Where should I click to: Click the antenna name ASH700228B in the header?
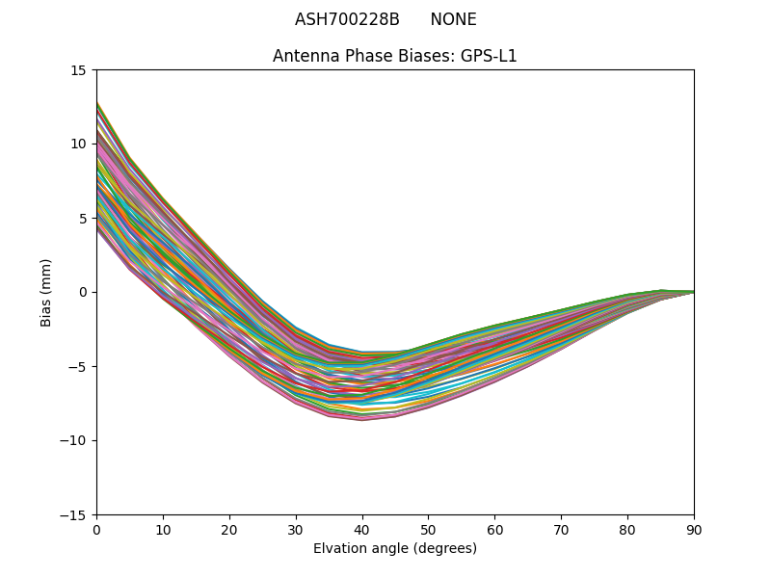tap(347, 19)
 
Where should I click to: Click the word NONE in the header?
tap(453, 19)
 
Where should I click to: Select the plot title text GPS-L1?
tap(486, 56)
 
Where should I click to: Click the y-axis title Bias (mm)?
tap(46, 292)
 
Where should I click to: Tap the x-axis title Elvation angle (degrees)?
tap(395, 548)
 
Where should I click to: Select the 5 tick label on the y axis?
tap(83, 218)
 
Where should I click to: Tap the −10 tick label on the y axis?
tap(75, 440)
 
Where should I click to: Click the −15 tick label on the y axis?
tap(75, 514)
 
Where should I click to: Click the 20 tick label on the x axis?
tap(229, 529)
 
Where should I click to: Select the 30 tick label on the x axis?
tap(296, 529)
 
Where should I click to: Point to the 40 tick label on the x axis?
tap(362, 529)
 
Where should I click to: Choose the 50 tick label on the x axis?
tap(428, 529)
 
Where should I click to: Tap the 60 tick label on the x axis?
tap(494, 529)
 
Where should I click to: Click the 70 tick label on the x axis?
tap(561, 529)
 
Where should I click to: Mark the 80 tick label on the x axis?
tap(627, 529)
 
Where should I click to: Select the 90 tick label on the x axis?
tap(694, 529)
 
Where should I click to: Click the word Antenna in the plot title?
tap(301, 56)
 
